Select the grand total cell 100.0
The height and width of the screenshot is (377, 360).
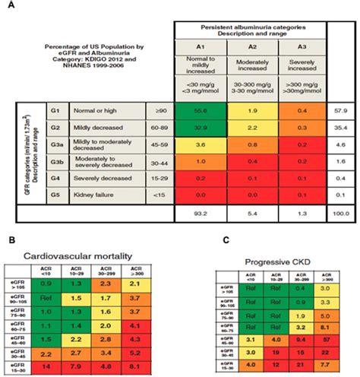[340, 217]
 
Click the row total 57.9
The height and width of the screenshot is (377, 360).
[340, 112]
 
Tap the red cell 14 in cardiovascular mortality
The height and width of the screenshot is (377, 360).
[47, 367]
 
